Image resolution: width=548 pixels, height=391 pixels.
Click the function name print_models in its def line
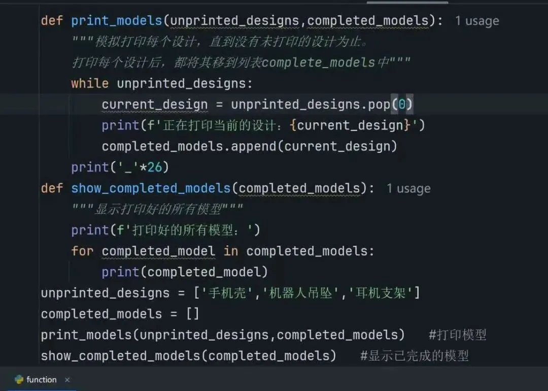coord(116,21)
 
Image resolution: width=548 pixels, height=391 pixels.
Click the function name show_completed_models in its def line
coord(151,188)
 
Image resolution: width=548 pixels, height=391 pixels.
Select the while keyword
coord(90,83)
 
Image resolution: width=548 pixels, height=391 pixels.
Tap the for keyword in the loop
coord(82,251)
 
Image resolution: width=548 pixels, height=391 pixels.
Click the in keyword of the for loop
coord(231,251)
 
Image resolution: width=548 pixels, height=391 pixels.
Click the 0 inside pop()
coord(402,105)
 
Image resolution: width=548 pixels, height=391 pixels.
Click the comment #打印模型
coord(458,335)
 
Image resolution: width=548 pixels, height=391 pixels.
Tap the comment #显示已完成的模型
coord(415,355)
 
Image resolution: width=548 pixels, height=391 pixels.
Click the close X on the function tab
coord(67,380)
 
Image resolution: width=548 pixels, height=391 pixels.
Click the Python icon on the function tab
coord(19,379)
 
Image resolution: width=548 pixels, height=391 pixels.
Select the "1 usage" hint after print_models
coord(477,21)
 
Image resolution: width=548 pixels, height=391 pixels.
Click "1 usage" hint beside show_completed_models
coord(408,188)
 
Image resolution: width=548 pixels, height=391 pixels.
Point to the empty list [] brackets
coord(193,314)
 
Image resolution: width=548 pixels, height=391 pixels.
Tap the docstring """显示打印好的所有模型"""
coord(157,209)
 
